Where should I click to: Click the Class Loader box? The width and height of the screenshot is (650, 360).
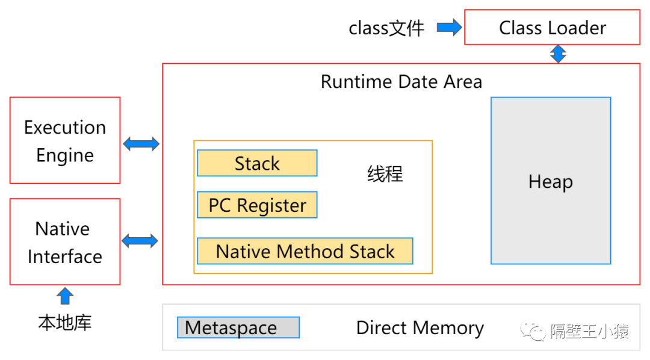552,27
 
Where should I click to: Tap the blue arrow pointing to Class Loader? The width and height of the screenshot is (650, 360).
450,27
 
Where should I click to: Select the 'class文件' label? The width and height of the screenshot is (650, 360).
386,29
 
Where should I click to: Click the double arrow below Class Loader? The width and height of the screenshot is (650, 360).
559,54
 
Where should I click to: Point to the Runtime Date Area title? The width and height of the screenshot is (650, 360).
401,82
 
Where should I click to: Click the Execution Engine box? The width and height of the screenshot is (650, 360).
65,140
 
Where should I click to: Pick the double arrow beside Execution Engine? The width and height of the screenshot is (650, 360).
141,144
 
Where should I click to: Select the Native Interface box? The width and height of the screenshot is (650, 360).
65,242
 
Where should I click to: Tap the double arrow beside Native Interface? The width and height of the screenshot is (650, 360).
140,241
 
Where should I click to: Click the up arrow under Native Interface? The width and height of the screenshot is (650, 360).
65,296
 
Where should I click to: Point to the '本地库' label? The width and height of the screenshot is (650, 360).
65,323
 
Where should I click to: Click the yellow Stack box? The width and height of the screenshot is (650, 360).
257,163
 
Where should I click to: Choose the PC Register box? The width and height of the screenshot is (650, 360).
257,205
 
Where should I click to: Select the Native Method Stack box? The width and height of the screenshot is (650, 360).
305,251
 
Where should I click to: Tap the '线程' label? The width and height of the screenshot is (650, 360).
385,174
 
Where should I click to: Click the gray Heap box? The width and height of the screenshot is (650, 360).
551,181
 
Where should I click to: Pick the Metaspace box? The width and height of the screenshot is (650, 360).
238,327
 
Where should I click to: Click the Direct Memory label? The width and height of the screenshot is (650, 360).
420,328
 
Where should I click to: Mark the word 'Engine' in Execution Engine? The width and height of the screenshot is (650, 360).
65,156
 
